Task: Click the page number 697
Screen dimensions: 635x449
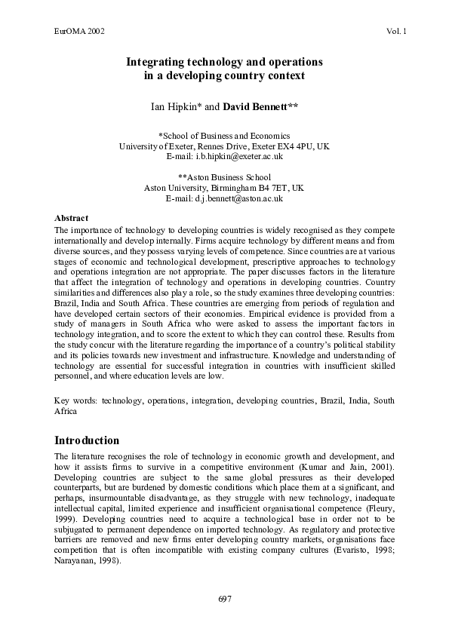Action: (224, 599)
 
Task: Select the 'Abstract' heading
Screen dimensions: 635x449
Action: (72, 217)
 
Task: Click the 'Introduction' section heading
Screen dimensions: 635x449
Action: (88, 440)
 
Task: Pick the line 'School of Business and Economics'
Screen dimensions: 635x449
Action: (225, 136)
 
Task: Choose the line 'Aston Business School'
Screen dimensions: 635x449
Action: (225, 177)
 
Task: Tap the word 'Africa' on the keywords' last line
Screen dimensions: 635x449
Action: (66, 413)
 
